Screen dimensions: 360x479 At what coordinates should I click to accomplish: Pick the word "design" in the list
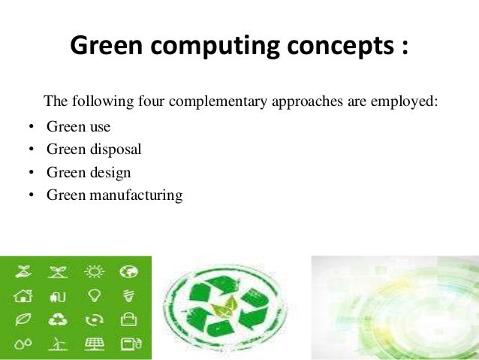tap(110, 172)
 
